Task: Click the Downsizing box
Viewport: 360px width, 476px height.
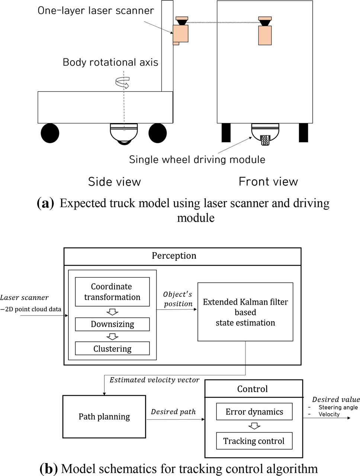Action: click(x=112, y=324)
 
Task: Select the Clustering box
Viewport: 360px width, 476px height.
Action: click(x=112, y=349)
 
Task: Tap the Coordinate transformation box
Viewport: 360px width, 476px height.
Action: click(x=112, y=292)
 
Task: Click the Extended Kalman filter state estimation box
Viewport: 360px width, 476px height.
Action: click(x=245, y=312)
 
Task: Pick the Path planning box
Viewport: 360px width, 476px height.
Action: click(x=104, y=417)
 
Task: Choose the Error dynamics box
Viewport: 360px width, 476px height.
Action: click(x=254, y=412)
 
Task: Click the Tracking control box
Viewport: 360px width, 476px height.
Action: click(x=254, y=441)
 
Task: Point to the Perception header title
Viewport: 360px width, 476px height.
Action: click(x=174, y=256)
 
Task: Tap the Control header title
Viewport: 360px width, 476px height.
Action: click(x=253, y=389)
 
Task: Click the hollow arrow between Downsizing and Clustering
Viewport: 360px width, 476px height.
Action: click(x=112, y=336)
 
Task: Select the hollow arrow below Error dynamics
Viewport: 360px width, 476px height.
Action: click(x=254, y=426)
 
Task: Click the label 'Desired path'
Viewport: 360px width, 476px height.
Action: click(x=173, y=412)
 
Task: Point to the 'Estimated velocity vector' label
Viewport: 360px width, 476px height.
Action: click(x=154, y=380)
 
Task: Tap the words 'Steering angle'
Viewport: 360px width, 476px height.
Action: click(x=338, y=407)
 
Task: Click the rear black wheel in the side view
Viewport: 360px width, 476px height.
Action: click(x=50, y=133)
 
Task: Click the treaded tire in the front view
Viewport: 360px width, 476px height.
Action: click(x=265, y=140)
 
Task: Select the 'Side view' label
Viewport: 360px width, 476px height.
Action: click(x=114, y=182)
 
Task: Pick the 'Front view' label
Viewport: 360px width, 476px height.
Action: click(x=268, y=181)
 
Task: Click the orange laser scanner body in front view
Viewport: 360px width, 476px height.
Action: click(x=265, y=35)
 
